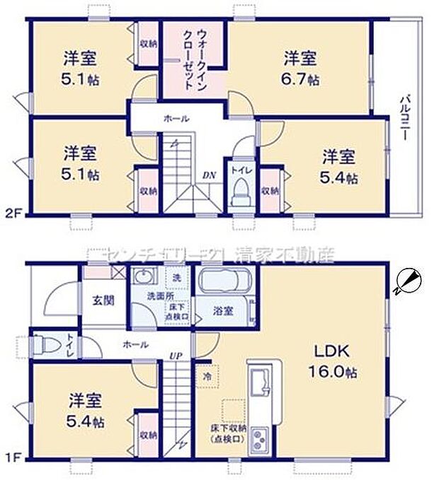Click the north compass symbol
click(x=409, y=281)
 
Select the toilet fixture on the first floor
click(x=47, y=344)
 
